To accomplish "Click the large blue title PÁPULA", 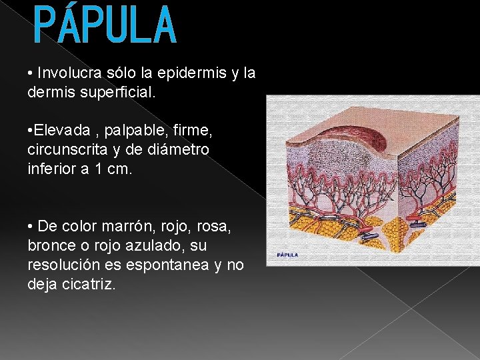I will (105, 25).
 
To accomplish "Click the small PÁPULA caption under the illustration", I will (288, 255).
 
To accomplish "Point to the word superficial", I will (117, 93).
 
